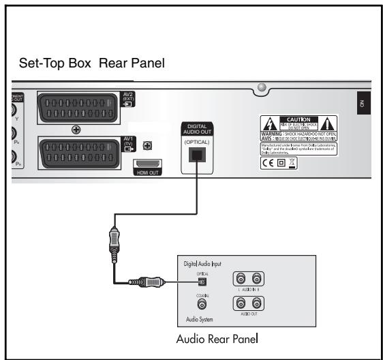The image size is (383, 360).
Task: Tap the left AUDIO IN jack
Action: point(241,279)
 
